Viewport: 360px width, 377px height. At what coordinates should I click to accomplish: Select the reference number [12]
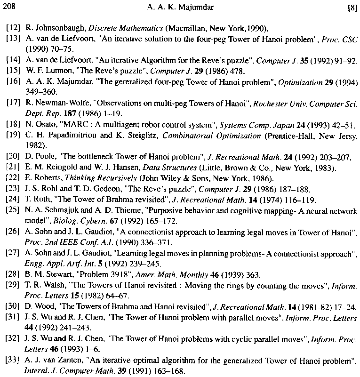point(13,29)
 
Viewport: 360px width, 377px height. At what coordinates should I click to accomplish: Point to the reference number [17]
point(13,103)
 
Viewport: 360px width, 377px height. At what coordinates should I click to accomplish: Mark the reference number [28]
point(13,274)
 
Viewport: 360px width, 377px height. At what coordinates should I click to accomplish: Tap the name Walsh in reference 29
point(52,285)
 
